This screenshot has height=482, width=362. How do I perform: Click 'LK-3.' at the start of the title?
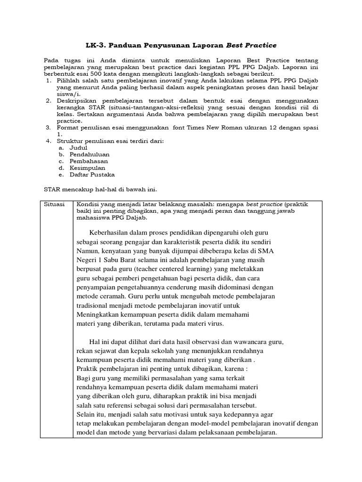[x=97, y=45]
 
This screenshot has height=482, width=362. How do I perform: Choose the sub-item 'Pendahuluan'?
[x=90, y=154]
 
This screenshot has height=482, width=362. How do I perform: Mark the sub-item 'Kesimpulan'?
[x=87, y=168]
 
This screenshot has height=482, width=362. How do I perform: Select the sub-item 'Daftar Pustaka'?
[x=92, y=174]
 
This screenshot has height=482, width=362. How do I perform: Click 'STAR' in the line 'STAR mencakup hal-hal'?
[x=52, y=189]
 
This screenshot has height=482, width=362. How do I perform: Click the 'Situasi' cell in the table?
[x=54, y=205]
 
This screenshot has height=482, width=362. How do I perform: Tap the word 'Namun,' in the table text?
[x=88, y=250]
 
